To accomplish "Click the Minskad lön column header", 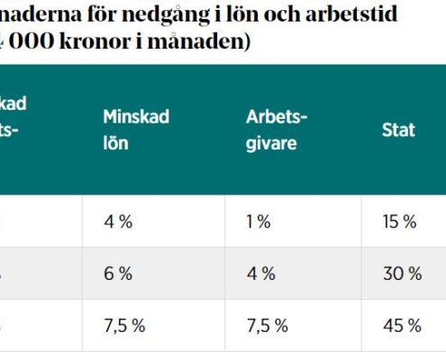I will [x=135, y=130].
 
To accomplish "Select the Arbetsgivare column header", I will [x=277, y=130].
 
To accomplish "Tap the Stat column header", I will [x=398, y=130].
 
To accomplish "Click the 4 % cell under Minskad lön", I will [x=118, y=222].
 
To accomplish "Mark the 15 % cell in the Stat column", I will [x=401, y=222].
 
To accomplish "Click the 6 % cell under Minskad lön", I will [x=118, y=274].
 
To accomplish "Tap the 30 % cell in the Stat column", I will [x=402, y=274].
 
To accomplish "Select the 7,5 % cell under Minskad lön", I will [x=124, y=325].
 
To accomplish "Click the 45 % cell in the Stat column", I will [x=402, y=325].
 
